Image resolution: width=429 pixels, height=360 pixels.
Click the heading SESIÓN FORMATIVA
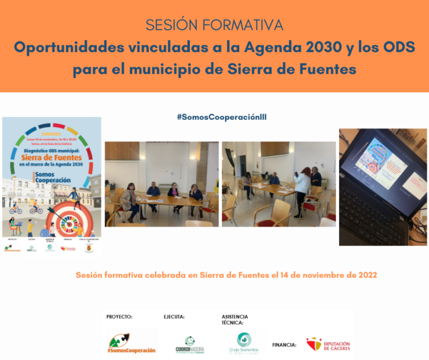(x=214, y=25)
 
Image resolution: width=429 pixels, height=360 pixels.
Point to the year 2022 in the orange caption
(x=366, y=275)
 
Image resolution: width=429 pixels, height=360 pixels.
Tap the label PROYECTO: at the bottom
(x=119, y=316)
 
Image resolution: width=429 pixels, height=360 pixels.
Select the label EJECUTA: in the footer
(x=174, y=316)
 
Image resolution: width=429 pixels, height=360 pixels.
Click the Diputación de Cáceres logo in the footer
(x=328, y=344)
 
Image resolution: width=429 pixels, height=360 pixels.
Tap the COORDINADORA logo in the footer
(x=189, y=344)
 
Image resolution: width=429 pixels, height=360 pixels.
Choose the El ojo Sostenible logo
(x=244, y=343)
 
